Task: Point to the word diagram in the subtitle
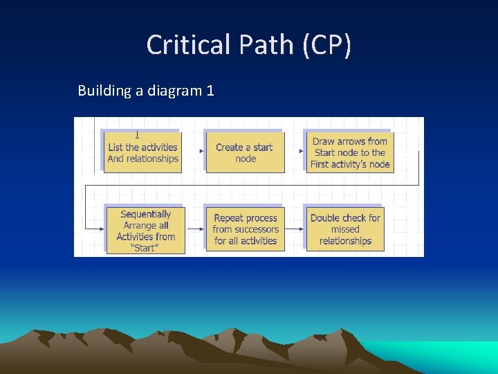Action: (172, 91)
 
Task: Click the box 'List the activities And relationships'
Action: (142, 152)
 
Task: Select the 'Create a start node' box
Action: (245, 152)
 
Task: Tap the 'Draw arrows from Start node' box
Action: (350, 152)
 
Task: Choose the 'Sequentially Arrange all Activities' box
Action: (145, 231)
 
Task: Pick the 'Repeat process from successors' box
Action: (245, 229)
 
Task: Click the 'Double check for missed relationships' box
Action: (345, 229)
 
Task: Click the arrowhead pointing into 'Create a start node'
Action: (202, 151)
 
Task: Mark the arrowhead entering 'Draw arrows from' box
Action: (301, 151)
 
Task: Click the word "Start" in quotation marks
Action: (145, 248)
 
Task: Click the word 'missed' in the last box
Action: (345, 229)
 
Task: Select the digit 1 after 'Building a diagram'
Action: (210, 91)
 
